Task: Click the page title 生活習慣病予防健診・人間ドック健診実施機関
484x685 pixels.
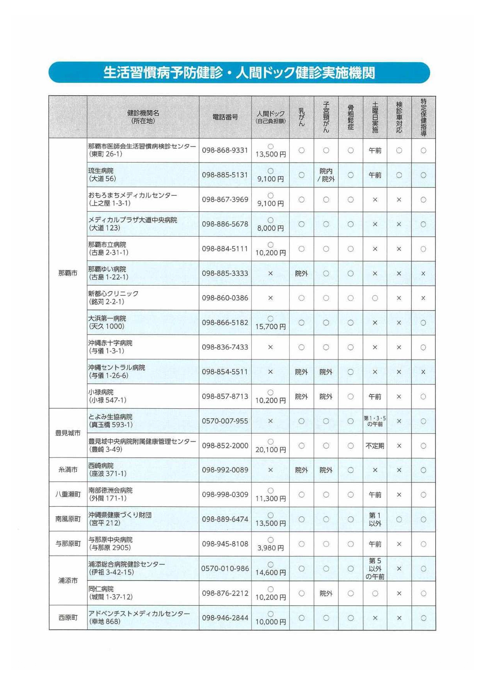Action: tap(239, 73)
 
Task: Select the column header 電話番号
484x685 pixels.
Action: tap(225, 117)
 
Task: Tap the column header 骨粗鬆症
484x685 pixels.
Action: tap(351, 117)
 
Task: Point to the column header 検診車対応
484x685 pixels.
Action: tap(399, 117)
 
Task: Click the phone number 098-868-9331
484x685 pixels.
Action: tap(225, 150)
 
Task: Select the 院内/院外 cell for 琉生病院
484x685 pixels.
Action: tap(326, 175)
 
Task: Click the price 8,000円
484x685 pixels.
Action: tap(270, 228)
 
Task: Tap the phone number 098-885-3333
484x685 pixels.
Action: tap(225, 273)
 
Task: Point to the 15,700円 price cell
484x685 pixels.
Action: tap(270, 326)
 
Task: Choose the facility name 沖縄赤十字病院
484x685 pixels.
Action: tap(110, 343)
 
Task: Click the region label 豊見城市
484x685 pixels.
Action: tap(68, 433)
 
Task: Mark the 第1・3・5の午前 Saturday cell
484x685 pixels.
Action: tap(375, 421)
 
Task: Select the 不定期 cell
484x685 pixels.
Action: tap(375, 446)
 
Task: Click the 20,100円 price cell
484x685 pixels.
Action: tap(270, 450)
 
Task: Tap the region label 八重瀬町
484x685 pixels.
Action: tap(68, 495)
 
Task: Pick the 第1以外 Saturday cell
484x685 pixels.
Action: tap(375, 519)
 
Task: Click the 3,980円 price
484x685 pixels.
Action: tap(270, 548)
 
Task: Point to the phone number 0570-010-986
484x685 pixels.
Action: tap(225, 569)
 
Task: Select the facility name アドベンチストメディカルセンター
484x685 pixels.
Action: tap(139, 614)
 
